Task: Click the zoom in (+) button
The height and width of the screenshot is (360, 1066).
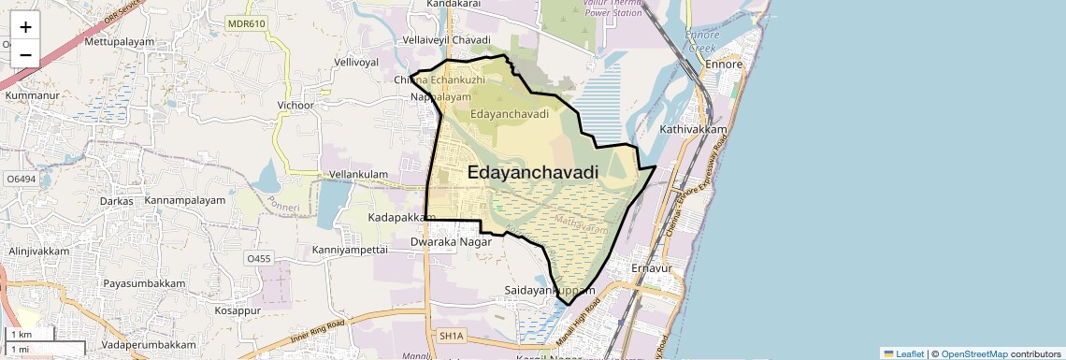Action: tap(25, 27)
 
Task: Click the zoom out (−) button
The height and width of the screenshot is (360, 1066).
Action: tap(25, 55)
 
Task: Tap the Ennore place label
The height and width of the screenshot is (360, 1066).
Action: tap(724, 65)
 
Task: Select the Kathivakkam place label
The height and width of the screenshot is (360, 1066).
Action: tap(693, 129)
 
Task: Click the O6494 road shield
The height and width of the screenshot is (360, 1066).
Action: tap(21, 178)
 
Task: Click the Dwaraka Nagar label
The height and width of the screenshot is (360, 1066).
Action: tap(451, 241)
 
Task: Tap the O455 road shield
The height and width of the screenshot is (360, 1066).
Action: tap(258, 258)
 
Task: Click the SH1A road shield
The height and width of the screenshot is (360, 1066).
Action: tap(451, 335)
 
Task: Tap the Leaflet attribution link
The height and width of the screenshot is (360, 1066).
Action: tap(904, 353)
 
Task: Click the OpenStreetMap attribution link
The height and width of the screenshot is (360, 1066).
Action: tap(973, 353)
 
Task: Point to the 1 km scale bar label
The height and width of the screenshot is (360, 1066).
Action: tap(22, 335)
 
